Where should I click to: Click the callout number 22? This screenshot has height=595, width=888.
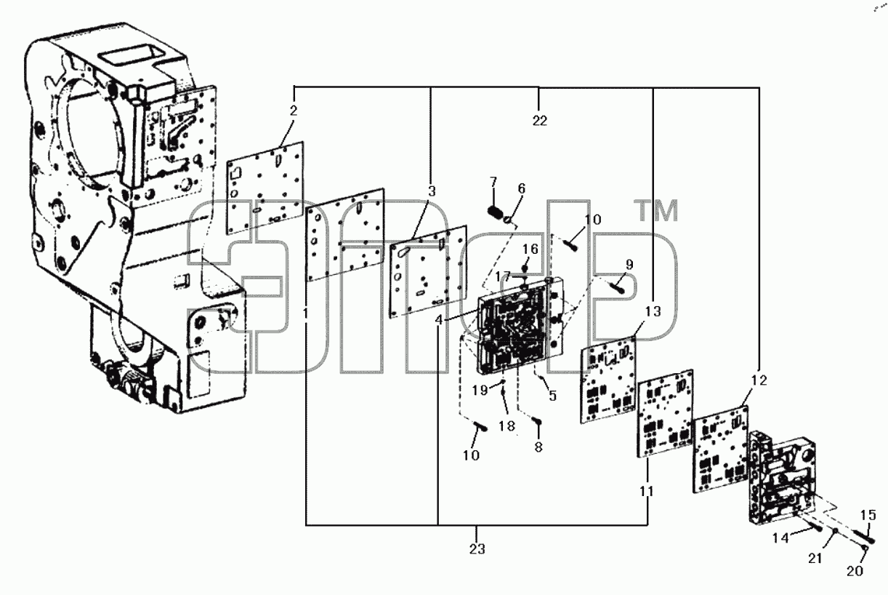pos(539,121)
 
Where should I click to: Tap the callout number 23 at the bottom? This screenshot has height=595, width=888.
pos(477,549)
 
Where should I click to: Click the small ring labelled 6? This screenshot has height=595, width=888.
pos(508,220)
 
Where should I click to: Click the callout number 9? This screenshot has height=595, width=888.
pos(629,264)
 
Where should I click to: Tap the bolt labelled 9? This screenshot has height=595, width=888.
pos(618,287)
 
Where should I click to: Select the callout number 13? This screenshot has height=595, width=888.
pos(653,311)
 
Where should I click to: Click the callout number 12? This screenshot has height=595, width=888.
pos(759,380)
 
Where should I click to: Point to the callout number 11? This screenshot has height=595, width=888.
pos(646,492)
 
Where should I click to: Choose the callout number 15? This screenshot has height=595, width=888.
pos(868,515)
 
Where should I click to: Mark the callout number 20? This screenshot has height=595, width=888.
pos(855,571)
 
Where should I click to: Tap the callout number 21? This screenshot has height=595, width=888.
pos(815,559)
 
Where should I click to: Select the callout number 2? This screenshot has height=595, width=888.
pos(293,111)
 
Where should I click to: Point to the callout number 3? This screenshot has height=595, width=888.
pos(432,191)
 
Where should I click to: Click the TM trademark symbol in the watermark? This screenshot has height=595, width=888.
pos(657,211)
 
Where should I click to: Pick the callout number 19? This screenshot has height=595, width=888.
pos(480,390)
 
